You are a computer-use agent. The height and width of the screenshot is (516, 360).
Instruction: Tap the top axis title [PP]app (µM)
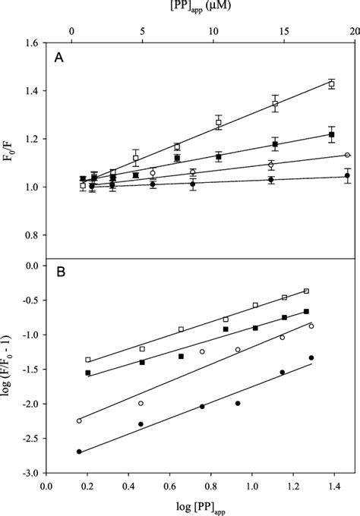[201, 8]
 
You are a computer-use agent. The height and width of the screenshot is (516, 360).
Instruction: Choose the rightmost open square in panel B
[307, 291]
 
